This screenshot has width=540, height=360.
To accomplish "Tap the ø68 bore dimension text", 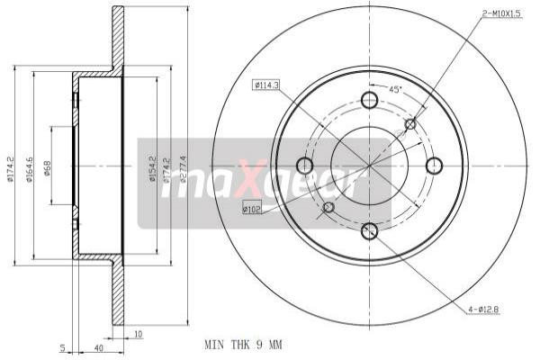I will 46,169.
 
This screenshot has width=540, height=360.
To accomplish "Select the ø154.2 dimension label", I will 152,169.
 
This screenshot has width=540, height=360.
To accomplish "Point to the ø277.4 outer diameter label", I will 183,167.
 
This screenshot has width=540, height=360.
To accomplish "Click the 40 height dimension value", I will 97,347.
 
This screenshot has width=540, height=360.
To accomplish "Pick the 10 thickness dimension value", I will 137,335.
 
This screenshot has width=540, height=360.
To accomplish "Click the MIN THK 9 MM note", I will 244,343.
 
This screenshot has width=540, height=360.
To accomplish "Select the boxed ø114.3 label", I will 266,85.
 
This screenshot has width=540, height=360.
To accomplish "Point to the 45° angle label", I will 393,89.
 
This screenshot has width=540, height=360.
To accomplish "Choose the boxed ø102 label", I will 253,209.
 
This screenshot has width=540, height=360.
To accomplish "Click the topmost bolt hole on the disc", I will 369,100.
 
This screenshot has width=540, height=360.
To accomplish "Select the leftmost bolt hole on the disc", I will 304,166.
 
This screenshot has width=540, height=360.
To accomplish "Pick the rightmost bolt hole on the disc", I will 434,166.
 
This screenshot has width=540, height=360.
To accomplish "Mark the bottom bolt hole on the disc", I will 369,231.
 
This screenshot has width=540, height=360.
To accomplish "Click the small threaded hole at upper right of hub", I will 410,124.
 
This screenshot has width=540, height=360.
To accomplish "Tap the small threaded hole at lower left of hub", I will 328,208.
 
